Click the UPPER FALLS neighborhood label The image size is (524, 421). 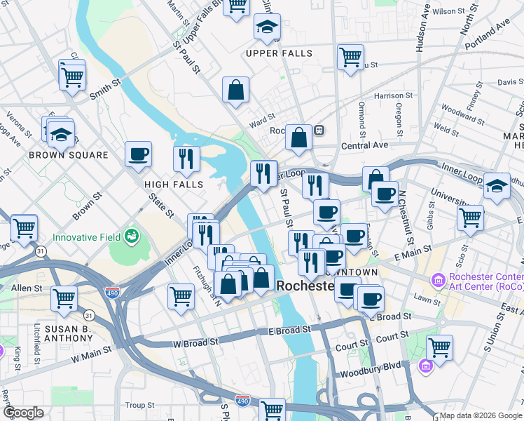279,53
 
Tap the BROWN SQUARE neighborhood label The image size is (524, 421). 69,155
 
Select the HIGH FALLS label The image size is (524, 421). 174,185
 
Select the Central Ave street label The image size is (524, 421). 364,145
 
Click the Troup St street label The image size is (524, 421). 140,406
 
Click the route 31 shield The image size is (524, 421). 41,251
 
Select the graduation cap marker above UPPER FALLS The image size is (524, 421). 267,27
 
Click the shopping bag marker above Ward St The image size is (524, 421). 236,90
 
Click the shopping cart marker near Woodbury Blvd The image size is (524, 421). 439,347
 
